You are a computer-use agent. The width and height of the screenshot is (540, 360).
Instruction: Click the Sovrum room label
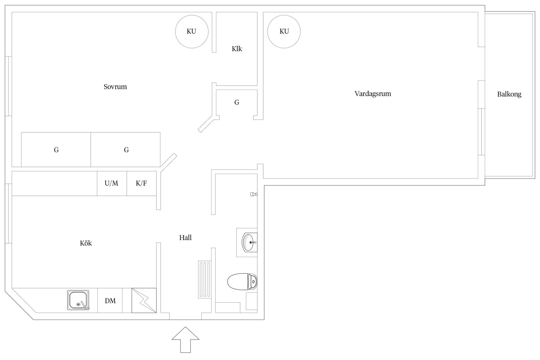click(115, 87)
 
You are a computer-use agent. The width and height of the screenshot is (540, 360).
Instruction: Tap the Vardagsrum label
click(373, 94)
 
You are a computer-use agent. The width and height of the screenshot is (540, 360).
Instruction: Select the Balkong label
click(509, 94)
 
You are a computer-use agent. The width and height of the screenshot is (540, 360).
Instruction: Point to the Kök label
click(86, 243)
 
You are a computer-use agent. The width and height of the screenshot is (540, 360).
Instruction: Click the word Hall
click(185, 238)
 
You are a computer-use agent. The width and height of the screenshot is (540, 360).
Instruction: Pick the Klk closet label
click(237, 49)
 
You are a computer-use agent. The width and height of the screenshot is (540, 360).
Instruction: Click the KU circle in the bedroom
click(192, 31)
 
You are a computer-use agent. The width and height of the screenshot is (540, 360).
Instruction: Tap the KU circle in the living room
click(284, 31)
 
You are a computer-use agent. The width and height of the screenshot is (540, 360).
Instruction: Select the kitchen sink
click(78, 300)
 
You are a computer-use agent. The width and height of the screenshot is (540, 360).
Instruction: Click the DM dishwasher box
click(110, 301)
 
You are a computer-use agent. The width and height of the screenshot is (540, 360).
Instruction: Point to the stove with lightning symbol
click(144, 300)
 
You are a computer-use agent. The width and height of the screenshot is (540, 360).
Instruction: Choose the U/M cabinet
click(112, 183)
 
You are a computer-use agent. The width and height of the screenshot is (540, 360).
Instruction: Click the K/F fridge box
click(141, 183)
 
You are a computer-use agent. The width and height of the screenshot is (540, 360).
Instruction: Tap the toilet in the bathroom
click(242, 282)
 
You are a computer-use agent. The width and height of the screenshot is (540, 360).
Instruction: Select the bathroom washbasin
click(249, 242)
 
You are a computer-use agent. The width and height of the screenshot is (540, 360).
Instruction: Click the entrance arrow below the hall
click(185, 339)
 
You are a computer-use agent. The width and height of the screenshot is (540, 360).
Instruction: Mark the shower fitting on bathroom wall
click(253, 194)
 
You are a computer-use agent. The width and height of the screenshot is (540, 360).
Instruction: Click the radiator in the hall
click(204, 280)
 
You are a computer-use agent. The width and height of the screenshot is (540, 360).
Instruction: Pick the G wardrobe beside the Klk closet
click(237, 103)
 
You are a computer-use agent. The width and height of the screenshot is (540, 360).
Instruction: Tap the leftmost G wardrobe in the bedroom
click(56, 150)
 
